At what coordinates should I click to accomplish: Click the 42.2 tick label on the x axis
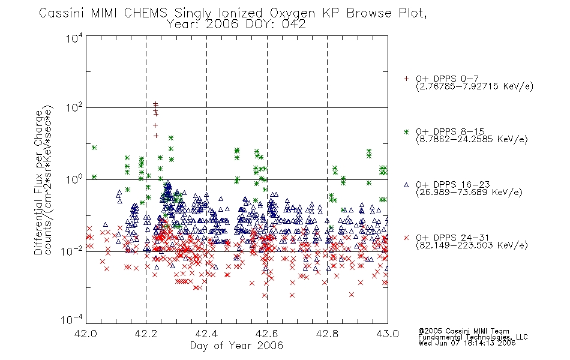[x=146, y=334]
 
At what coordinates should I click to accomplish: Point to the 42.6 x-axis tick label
[x=267, y=334]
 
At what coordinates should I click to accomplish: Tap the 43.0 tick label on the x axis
[x=388, y=334]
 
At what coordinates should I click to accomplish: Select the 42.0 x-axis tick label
[x=86, y=334]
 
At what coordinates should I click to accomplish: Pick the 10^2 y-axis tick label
[x=74, y=107]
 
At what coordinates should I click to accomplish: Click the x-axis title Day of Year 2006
[x=236, y=346]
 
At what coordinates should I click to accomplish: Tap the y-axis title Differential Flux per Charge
[x=38, y=182]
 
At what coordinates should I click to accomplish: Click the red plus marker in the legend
[x=406, y=79]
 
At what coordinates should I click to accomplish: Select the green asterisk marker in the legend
[x=406, y=131]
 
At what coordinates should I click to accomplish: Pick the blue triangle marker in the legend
[x=406, y=185]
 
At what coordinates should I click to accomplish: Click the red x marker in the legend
[x=406, y=238]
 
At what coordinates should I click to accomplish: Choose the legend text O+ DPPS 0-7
[x=447, y=79]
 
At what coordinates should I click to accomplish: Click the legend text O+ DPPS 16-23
[x=453, y=184]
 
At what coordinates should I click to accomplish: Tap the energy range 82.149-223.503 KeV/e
[x=472, y=245]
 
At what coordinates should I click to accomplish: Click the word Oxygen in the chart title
[x=293, y=13]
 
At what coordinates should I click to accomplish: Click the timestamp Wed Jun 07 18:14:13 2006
[x=467, y=343]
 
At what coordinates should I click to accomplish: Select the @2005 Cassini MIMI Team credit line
[x=463, y=331]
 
